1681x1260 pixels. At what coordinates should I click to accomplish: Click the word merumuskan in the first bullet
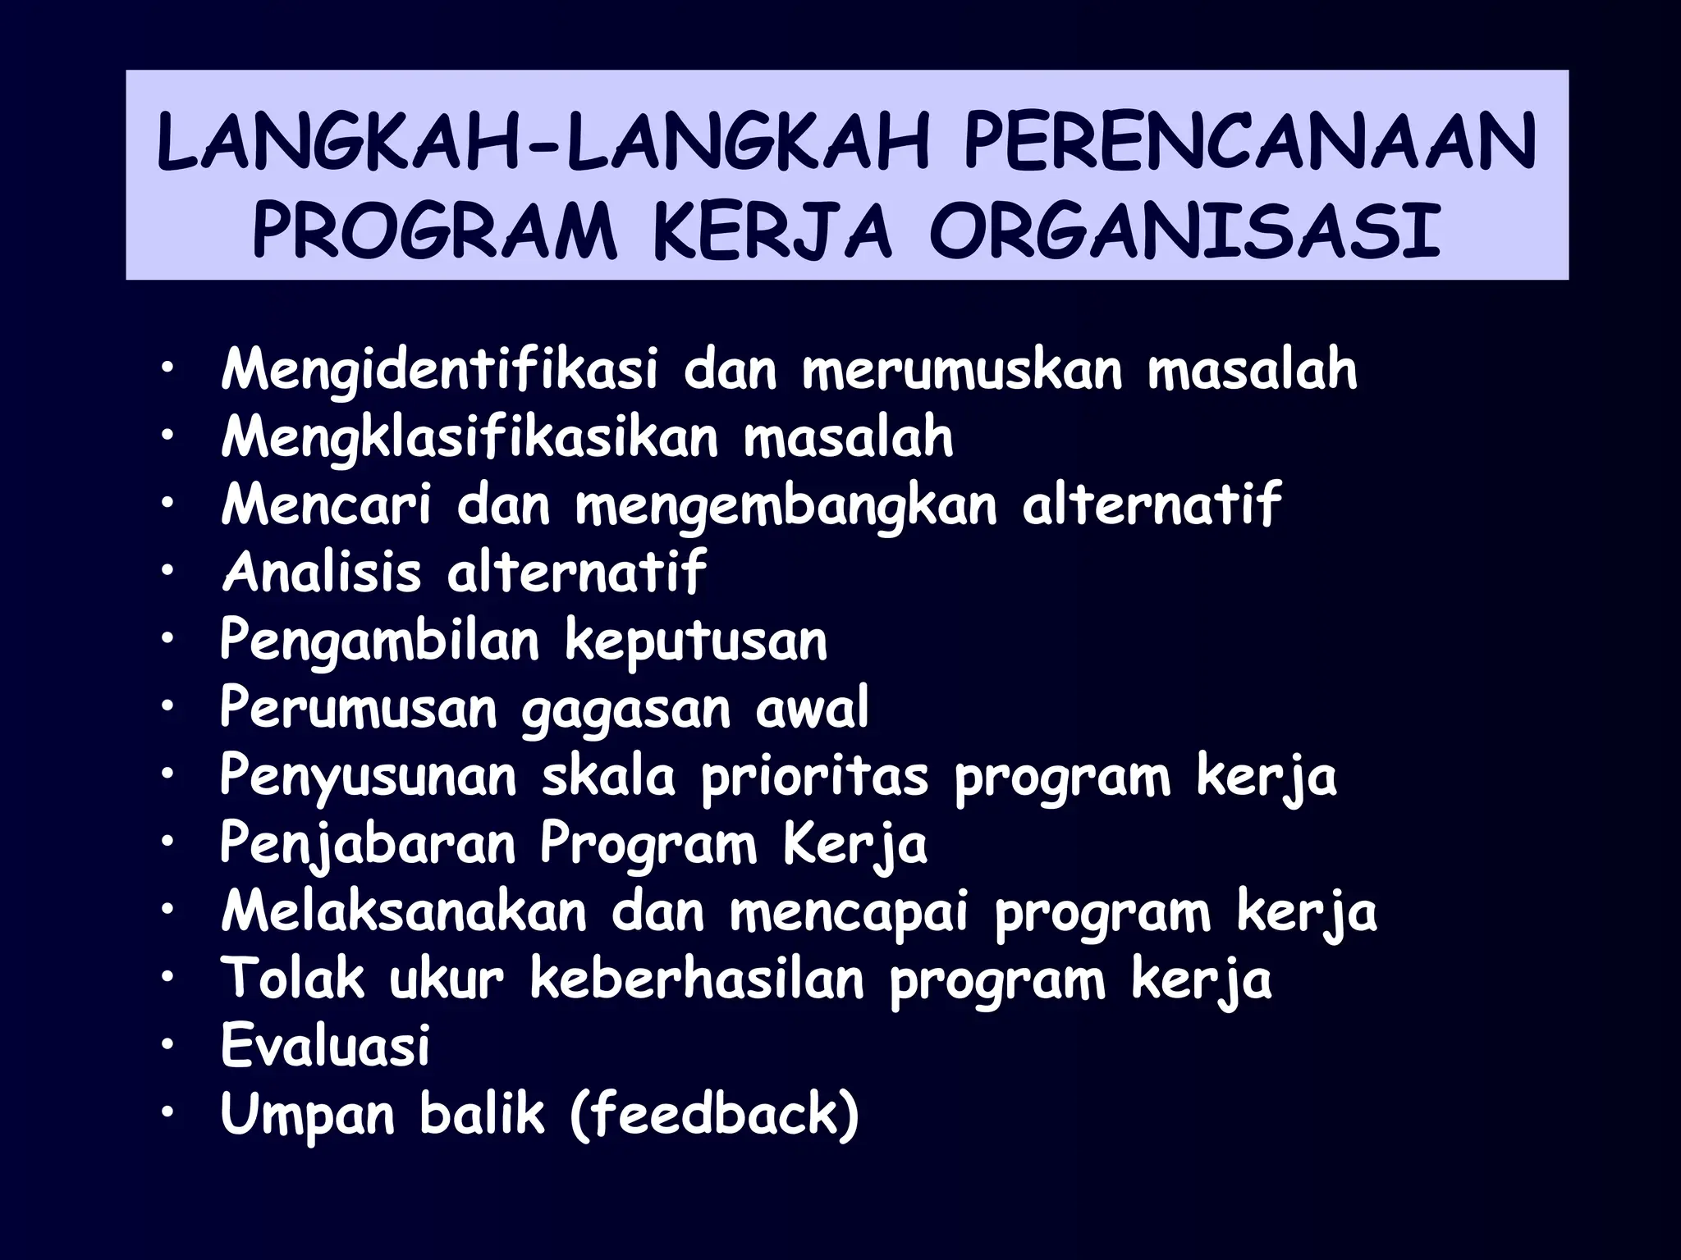pyautogui.click(x=961, y=370)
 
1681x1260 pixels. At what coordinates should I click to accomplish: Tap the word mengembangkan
pyautogui.click(x=786, y=506)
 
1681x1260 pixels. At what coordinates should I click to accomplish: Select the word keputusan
pyautogui.click(x=696, y=641)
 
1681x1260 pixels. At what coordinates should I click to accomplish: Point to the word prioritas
pyautogui.click(x=814, y=777)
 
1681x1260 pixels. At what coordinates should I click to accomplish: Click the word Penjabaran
pyautogui.click(x=368, y=844)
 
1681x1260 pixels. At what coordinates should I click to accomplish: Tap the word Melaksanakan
pyautogui.click(x=404, y=911)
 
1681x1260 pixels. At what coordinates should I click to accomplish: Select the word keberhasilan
pyautogui.click(x=697, y=979)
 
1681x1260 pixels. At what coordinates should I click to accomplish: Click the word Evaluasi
pyautogui.click(x=325, y=1046)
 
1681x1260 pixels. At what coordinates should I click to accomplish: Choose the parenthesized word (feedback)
pyautogui.click(x=713, y=1114)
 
